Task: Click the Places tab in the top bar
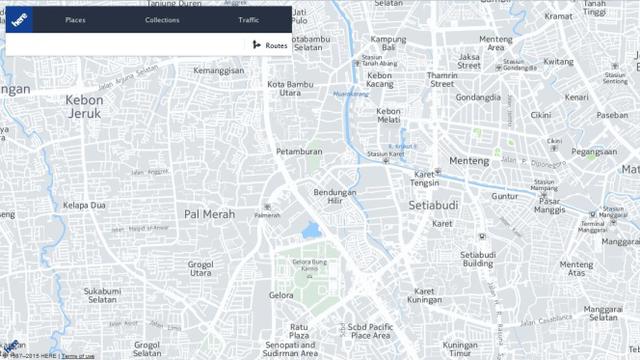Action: (75, 20)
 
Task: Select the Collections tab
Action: (162, 20)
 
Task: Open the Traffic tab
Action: (249, 20)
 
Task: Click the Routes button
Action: (270, 45)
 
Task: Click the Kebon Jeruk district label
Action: (84, 106)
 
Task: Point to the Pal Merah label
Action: (210, 214)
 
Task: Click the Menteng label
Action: (468, 161)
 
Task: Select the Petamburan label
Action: (298, 152)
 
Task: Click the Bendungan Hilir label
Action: (335, 197)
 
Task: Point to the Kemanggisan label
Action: (219, 71)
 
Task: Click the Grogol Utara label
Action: (200, 269)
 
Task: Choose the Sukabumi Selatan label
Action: (102, 296)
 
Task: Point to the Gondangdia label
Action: (478, 98)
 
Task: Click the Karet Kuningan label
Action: (424, 296)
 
